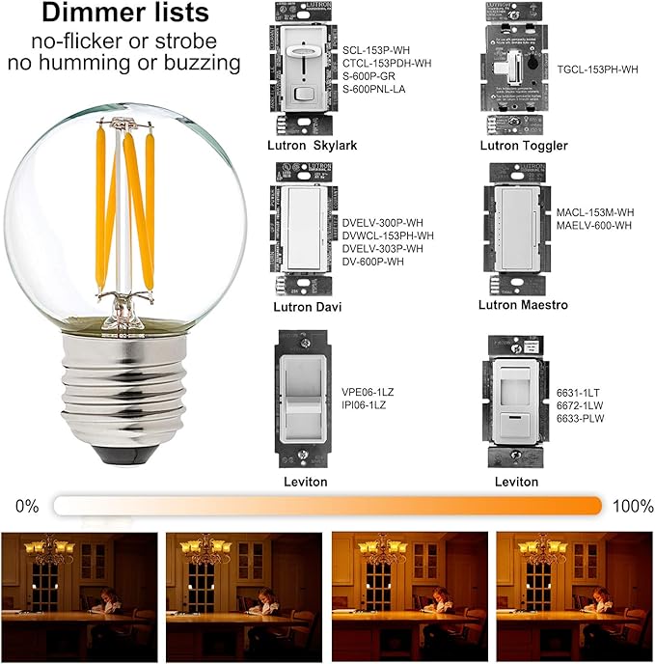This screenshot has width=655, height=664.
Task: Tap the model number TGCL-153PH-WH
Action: [x=597, y=69]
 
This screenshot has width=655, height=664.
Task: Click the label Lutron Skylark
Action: [x=312, y=145]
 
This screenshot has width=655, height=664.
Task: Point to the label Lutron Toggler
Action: [x=524, y=146]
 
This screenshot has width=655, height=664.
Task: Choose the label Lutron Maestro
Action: [x=523, y=304]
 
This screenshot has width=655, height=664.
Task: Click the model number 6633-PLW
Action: [x=581, y=419]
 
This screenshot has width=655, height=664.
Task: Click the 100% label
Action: [x=631, y=506]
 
